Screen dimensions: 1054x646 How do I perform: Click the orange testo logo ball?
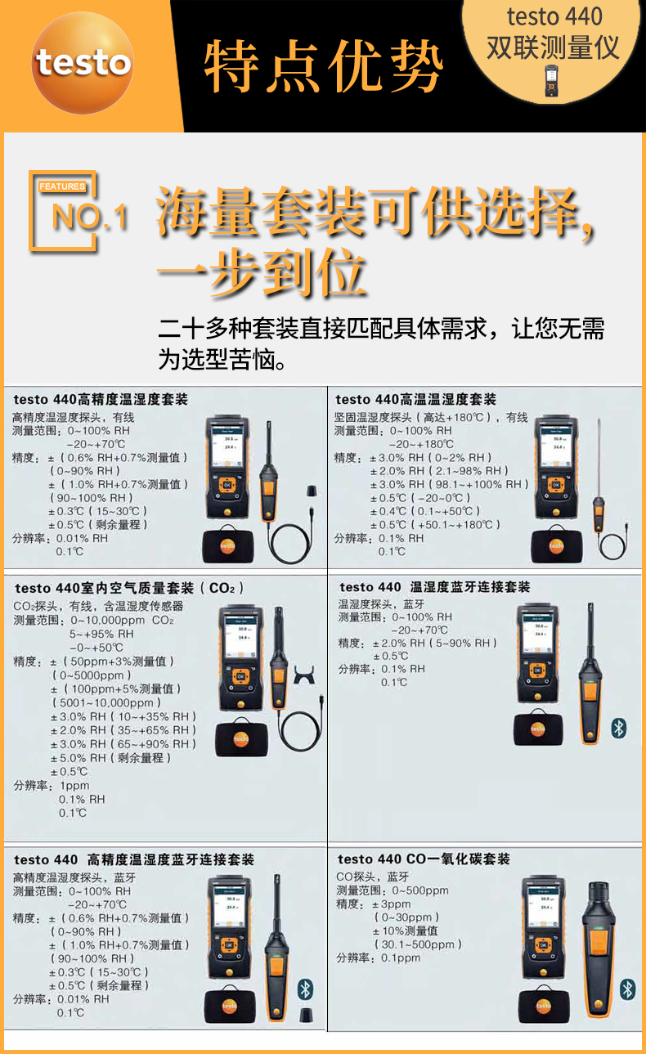click(83, 63)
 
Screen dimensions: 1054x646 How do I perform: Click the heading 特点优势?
click(323, 66)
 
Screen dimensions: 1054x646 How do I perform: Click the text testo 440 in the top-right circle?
click(554, 16)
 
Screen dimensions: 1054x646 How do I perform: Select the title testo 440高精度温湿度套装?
click(101, 399)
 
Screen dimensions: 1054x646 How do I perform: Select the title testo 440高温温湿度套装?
click(415, 399)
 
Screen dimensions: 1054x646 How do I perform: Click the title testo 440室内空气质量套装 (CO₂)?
click(128, 588)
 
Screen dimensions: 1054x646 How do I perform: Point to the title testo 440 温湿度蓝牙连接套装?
click(434, 587)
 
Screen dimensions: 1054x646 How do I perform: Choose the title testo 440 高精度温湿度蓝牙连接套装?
click(134, 859)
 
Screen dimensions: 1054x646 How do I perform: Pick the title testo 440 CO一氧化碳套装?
click(424, 859)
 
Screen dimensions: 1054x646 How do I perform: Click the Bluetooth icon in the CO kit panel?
click(627, 989)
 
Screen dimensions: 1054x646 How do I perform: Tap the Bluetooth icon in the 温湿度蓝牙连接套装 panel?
click(619, 727)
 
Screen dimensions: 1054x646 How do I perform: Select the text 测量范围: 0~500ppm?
click(393, 890)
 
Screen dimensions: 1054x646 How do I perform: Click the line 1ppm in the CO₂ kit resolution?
click(74, 785)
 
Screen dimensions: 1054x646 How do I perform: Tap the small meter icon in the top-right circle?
click(554, 82)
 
